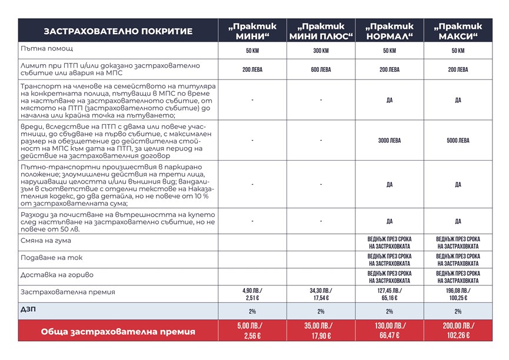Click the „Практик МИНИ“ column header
pyautogui.click(x=252, y=31)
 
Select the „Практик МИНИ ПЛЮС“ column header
pyautogui.click(x=321, y=31)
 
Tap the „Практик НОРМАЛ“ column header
pyautogui.click(x=389, y=31)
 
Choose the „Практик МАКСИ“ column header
pyautogui.click(x=458, y=31)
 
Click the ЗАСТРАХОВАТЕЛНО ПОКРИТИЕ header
pyautogui.click(x=118, y=31)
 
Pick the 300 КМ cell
pyautogui.click(x=321, y=51)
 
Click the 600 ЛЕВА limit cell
pyautogui.click(x=321, y=69)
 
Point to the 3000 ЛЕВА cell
pyautogui.click(x=389, y=141)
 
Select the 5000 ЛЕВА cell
pyautogui.click(x=458, y=141)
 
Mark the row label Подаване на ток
pyautogui.click(x=51, y=259)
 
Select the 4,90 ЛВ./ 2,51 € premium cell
pyautogui.click(x=252, y=293)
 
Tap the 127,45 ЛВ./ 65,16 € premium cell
pyautogui.click(x=389, y=293)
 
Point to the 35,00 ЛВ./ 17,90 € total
pyautogui.click(x=321, y=331)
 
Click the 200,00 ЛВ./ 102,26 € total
pyautogui.click(x=458, y=331)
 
